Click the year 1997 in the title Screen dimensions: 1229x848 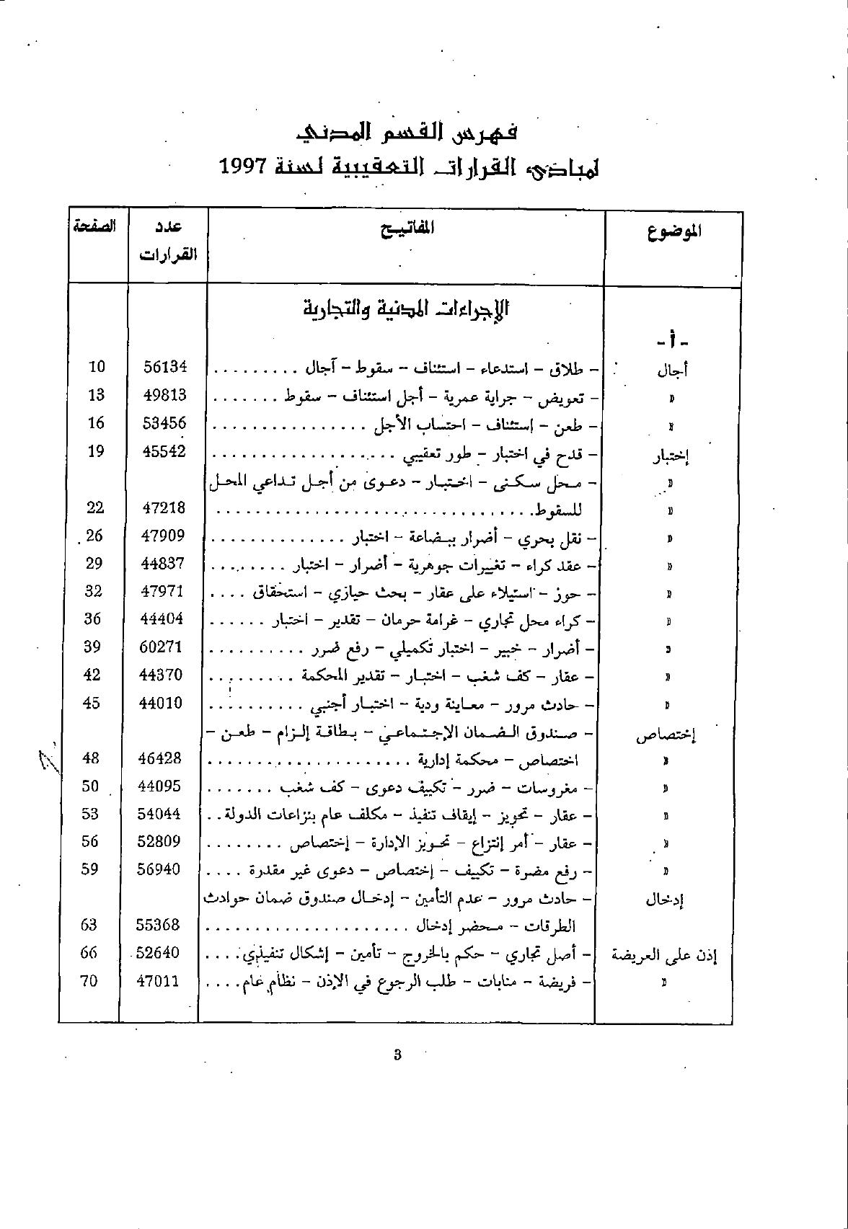[x=244, y=167]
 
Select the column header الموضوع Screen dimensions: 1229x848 [x=674, y=231]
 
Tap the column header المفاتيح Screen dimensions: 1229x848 [x=407, y=229]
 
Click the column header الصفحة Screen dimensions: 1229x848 [x=94, y=226]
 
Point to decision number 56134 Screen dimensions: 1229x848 [x=164, y=367]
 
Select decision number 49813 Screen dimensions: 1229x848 [x=164, y=395]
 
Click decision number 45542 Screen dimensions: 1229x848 [x=164, y=451]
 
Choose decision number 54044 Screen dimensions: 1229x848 [x=159, y=814]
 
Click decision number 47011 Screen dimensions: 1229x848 [x=156, y=980]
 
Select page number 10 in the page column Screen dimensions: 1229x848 [x=97, y=367]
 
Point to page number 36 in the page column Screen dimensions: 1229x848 [x=92, y=619]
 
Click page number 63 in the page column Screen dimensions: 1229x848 [x=89, y=925]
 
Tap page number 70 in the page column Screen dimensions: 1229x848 [x=88, y=980]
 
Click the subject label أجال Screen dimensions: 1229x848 [x=672, y=371]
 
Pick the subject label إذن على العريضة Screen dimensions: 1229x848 [x=664, y=956]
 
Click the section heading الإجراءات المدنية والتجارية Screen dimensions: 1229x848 [x=407, y=309]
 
